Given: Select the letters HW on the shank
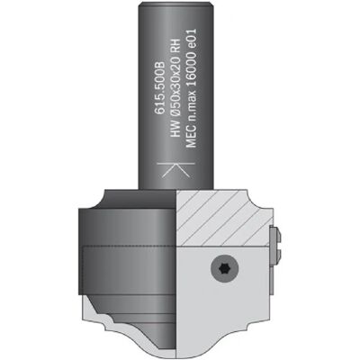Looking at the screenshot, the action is (176, 131).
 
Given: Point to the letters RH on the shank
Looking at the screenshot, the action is (176, 47).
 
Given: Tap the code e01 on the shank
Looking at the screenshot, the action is (191, 40).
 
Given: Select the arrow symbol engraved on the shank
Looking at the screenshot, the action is (175, 170).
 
